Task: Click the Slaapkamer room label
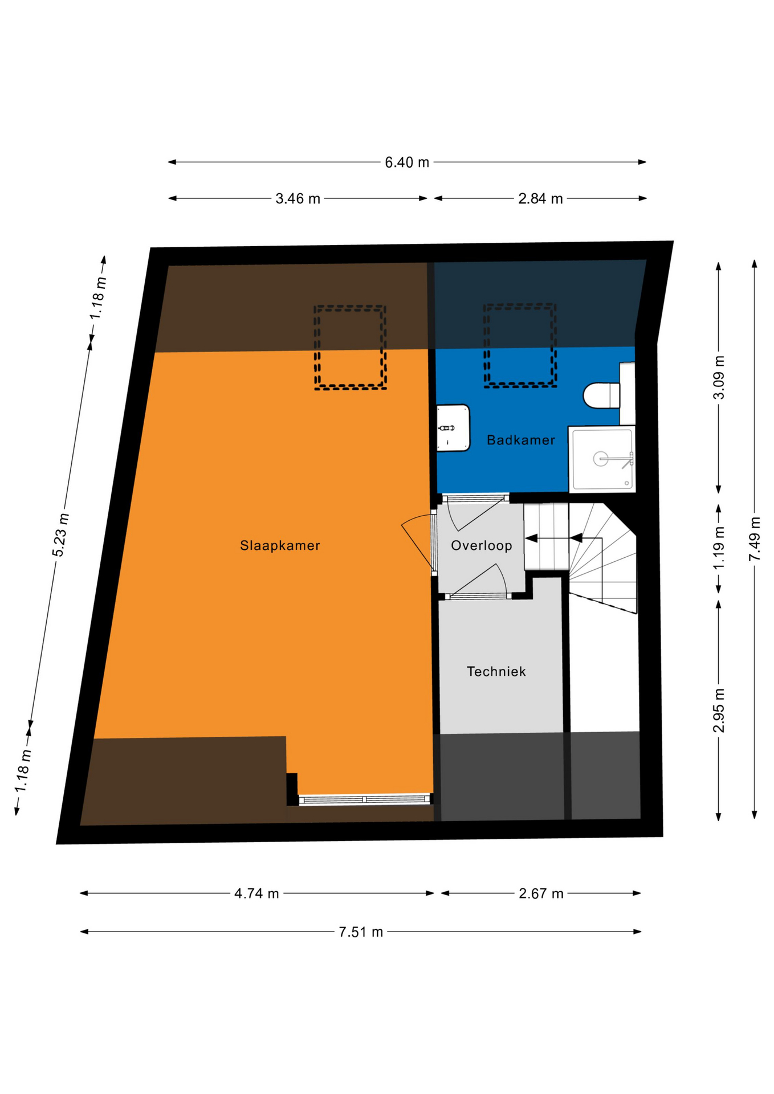280,545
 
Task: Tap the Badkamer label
520,440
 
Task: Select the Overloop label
481,545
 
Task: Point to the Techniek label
496,671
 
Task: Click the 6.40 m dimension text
406,162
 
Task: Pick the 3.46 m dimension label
298,199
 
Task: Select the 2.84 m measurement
540,199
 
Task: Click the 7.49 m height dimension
755,538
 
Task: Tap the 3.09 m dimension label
719,377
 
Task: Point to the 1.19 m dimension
719,548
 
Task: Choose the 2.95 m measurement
719,711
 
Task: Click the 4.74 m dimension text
256,893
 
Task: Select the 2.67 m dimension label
541,893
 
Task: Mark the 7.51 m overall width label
361,932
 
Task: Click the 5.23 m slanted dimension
60,535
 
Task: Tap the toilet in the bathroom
601,395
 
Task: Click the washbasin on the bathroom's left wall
453,428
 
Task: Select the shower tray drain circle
600,459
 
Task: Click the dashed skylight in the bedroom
350,348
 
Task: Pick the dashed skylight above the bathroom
520,345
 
